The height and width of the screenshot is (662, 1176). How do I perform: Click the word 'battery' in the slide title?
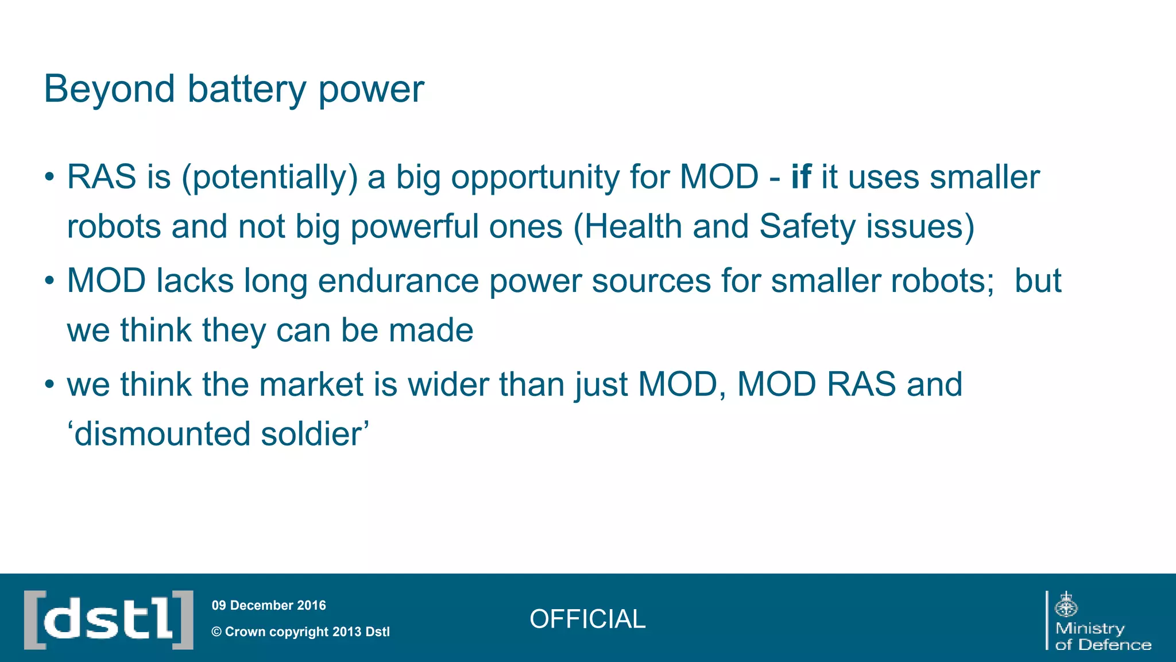[x=247, y=90]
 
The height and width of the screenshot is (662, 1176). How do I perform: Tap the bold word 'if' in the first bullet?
[x=800, y=176]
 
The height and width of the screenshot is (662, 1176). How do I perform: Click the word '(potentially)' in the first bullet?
[x=269, y=178]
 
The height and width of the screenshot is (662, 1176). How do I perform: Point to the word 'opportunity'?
[x=535, y=178]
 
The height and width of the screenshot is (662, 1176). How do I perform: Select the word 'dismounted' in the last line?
[x=163, y=433]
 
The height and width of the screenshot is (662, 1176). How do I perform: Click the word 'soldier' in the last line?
[x=312, y=433]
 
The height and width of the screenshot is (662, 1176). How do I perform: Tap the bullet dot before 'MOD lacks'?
[x=50, y=281]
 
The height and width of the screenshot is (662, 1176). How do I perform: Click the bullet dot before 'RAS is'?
[x=50, y=177]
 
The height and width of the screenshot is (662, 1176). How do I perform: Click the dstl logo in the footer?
[x=109, y=619]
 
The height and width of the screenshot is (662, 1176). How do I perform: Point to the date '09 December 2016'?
[x=269, y=605]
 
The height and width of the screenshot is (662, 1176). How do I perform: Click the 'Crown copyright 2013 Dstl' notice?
[x=301, y=632]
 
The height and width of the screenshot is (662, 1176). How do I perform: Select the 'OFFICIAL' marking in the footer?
[x=587, y=619]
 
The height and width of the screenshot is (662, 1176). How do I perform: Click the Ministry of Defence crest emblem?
[x=1066, y=605]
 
